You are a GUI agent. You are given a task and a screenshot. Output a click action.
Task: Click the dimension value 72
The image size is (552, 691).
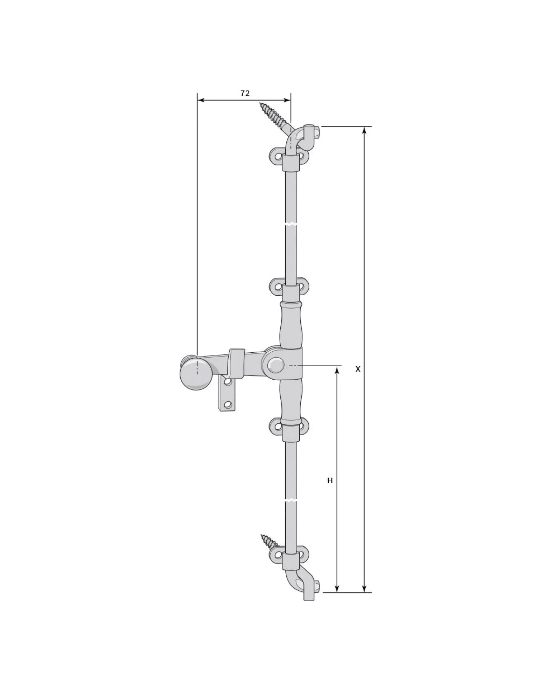click(x=245, y=93)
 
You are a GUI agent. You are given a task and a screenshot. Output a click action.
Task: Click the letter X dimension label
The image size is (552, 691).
click(x=358, y=369)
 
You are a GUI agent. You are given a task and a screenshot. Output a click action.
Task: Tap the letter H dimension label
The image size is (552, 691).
click(x=330, y=480)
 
